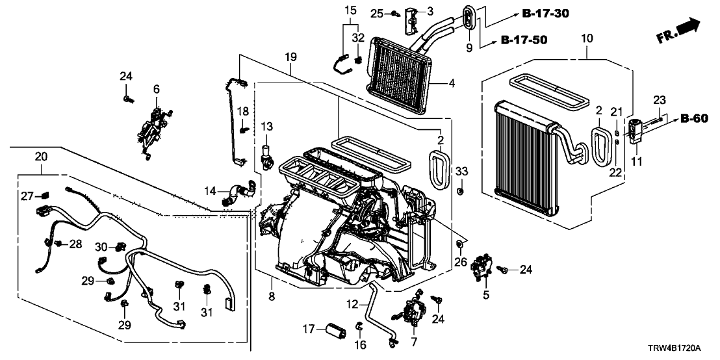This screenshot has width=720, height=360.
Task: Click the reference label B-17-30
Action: point(543,14)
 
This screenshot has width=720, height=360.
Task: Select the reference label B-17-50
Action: point(524,40)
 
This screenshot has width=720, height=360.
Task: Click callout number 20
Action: point(41,157)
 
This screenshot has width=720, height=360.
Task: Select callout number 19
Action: point(290,58)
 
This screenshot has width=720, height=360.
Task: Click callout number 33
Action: point(461,172)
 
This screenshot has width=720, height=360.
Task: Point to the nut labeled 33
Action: point(460,192)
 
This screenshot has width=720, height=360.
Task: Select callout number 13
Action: point(266,125)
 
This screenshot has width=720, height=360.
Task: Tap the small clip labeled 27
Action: point(44,194)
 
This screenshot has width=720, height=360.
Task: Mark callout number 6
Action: point(156,89)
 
